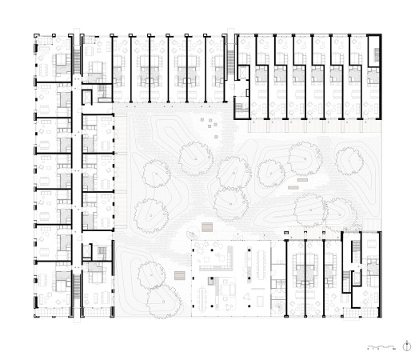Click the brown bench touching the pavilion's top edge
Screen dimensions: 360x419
tap(207, 227)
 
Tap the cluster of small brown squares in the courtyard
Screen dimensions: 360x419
tap(209, 122)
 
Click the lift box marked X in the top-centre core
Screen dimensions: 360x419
tap(240, 101)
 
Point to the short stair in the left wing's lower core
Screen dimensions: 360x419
tap(102, 252)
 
